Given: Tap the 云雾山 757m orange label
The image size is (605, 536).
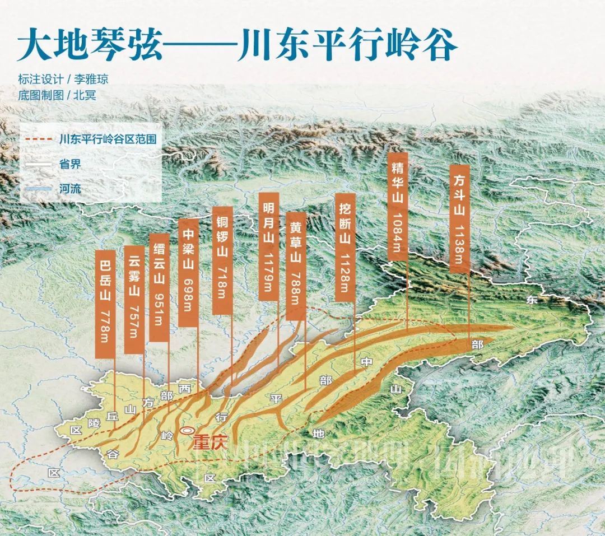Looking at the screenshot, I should pyautogui.click(x=133, y=299).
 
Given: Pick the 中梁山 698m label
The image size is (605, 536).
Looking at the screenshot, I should pyautogui.click(x=188, y=272).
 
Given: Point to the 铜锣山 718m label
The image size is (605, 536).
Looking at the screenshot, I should pyautogui.click(x=222, y=261).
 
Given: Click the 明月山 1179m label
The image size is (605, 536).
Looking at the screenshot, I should pyautogui.click(x=269, y=247).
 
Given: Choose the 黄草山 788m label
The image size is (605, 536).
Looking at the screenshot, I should pyautogui.click(x=296, y=266).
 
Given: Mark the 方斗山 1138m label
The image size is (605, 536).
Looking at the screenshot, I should pyautogui.click(x=459, y=218).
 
